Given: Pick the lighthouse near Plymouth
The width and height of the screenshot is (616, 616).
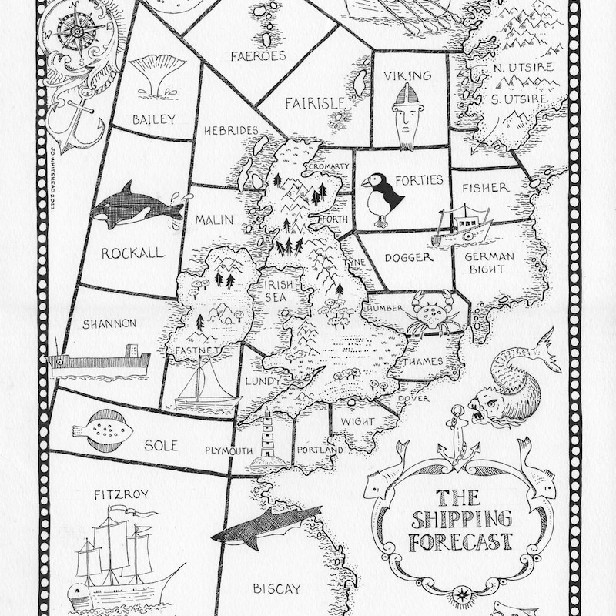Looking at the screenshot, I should [x=268, y=440].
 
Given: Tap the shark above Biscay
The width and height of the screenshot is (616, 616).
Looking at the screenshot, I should [x=266, y=527].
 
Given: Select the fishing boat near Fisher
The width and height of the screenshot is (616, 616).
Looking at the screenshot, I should [x=464, y=225].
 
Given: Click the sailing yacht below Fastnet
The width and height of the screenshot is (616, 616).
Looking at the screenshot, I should [x=205, y=388].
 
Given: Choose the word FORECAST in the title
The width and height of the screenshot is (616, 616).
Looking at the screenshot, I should [x=461, y=541].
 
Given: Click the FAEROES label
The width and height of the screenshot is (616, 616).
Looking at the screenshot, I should [x=258, y=55].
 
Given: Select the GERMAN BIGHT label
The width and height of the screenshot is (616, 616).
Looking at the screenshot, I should [x=485, y=263].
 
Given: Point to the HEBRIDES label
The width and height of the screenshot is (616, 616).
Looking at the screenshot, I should [x=231, y=131].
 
